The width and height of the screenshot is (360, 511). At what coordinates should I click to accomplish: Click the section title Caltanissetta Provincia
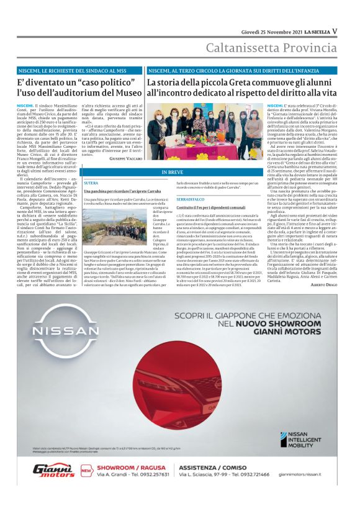click(x=271, y=48)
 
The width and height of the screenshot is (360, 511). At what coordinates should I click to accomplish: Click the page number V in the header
click(x=335, y=31)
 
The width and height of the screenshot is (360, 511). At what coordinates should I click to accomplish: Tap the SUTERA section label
click(x=91, y=184)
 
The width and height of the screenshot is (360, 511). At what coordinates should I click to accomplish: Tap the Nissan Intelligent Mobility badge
click(x=301, y=439)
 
